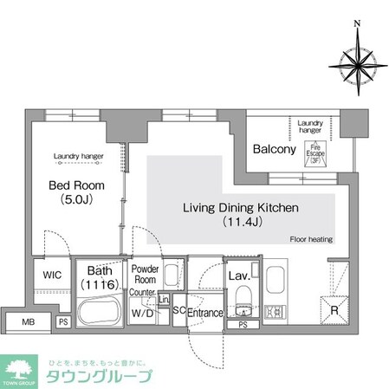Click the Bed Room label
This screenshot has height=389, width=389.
tap(77, 186)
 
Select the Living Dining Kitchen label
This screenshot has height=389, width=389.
tap(240, 208)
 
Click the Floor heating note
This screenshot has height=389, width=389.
tap(311, 239)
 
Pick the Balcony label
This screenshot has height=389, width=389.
tap(275, 149)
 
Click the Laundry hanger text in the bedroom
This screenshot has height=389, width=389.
tap(78, 157)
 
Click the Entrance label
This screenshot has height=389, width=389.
tap(205, 313)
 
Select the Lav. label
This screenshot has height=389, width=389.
tap(239, 276)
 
